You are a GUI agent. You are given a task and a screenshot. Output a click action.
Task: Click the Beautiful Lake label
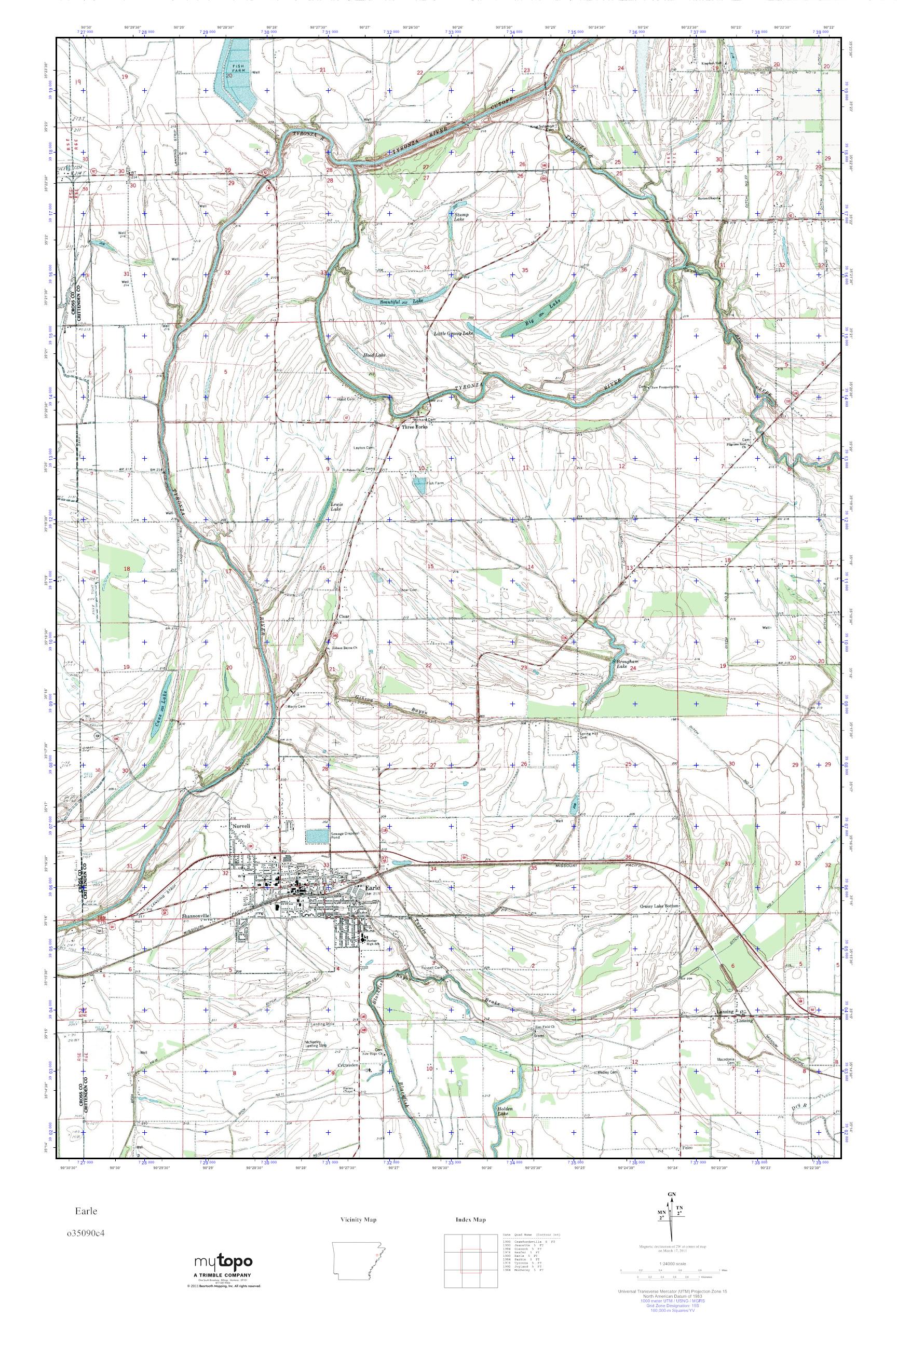tap(398, 301)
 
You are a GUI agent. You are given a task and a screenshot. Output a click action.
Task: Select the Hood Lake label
tap(374, 355)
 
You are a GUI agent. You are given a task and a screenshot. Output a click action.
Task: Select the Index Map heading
tap(471, 1220)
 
